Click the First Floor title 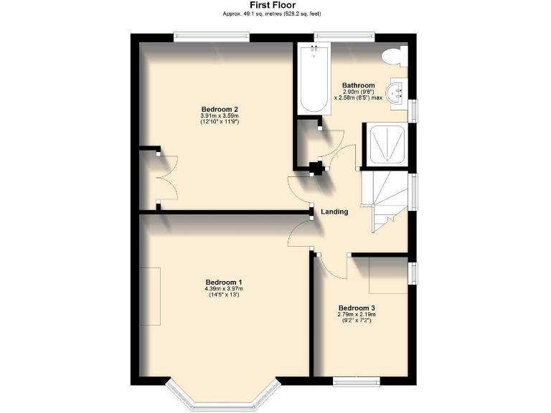click(275, 4)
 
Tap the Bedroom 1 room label click(223, 282)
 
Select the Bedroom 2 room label click(219, 109)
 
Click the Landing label click(335, 212)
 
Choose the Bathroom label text click(358, 85)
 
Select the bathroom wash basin click(397, 92)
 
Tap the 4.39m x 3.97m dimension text click(223, 289)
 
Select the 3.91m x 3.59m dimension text click(219, 116)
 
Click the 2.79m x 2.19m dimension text click(357, 315)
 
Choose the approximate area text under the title click(275, 13)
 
